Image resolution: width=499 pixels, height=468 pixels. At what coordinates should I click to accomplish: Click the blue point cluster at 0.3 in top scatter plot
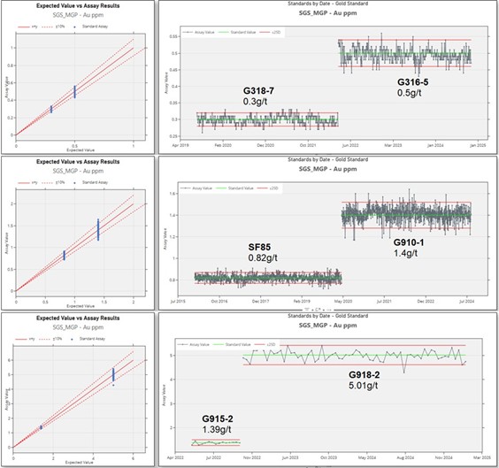click(51, 109)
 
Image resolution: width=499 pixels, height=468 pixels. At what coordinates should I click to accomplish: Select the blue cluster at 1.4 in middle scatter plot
click(97, 230)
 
